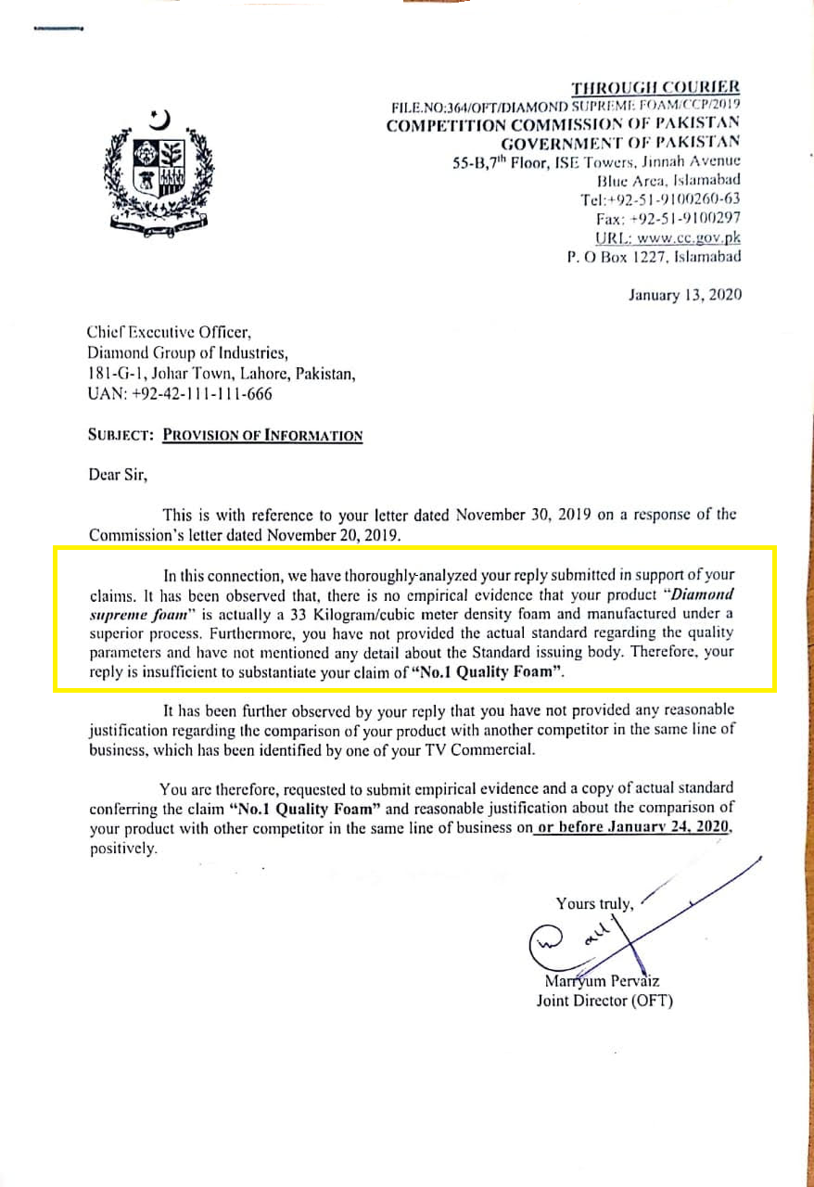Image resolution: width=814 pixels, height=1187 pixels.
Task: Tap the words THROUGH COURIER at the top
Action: coord(655,88)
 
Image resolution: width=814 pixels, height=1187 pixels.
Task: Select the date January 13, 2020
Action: coord(684,295)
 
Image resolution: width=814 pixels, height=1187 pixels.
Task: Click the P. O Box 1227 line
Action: coord(654,256)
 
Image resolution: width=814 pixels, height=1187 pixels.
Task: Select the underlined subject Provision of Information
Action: coord(262,435)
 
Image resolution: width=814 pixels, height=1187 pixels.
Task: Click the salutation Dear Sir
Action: coord(118,476)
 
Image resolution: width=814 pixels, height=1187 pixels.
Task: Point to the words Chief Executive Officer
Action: coord(169,331)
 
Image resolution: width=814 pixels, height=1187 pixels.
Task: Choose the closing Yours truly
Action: coord(594,902)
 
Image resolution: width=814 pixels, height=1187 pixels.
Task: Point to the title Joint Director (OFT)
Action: coord(604,1001)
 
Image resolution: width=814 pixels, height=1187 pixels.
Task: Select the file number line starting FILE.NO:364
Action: coord(566,107)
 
